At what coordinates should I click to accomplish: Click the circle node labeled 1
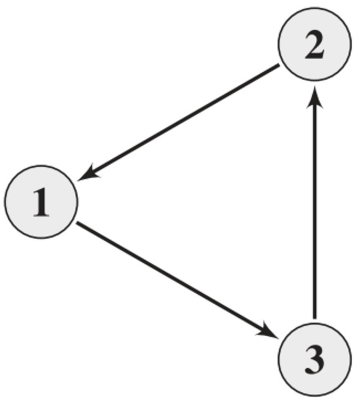click(41, 202)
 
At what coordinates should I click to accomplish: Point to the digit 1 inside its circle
click(41, 202)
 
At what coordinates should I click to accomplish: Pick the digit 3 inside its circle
click(315, 359)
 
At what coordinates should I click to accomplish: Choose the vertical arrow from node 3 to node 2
click(315, 203)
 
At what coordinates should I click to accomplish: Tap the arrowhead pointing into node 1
click(92, 174)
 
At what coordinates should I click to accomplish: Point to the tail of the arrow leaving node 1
click(77, 224)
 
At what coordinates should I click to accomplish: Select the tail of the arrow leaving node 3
click(315, 320)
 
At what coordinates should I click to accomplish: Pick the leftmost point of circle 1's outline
click(4, 202)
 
